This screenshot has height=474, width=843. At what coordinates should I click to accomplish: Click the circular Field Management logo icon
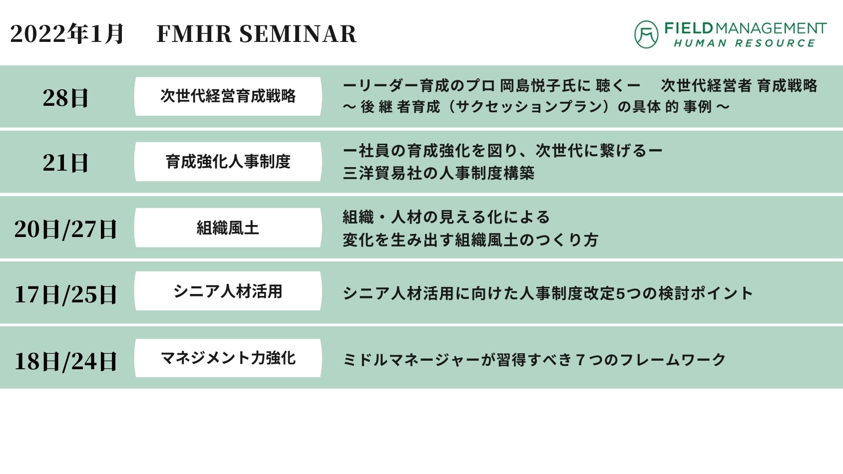[646, 34]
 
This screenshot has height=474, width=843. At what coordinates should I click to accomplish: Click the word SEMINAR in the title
[298, 34]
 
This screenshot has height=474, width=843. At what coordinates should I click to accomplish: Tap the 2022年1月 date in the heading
[66, 34]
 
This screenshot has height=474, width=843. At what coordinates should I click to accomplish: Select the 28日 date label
[65, 98]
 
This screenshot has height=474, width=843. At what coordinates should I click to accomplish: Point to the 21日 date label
[65, 163]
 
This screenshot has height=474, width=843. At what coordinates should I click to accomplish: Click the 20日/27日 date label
[65, 229]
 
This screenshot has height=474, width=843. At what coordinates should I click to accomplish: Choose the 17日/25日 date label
[65, 294]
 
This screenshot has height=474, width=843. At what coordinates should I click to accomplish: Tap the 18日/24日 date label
[65, 361]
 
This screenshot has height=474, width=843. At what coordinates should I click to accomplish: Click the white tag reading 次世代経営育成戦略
[228, 96]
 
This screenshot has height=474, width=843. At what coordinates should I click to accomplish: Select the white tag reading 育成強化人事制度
[228, 162]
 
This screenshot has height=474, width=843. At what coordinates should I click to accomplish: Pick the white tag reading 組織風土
[228, 228]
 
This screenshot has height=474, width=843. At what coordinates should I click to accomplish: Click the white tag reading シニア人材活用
[228, 291]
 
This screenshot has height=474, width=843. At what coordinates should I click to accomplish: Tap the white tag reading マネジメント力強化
[228, 358]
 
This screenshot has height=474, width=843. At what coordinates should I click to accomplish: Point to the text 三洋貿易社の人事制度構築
[439, 173]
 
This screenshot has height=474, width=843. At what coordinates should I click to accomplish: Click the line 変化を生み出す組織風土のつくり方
[470, 240]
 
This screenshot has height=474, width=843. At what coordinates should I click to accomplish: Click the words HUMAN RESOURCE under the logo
[745, 43]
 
